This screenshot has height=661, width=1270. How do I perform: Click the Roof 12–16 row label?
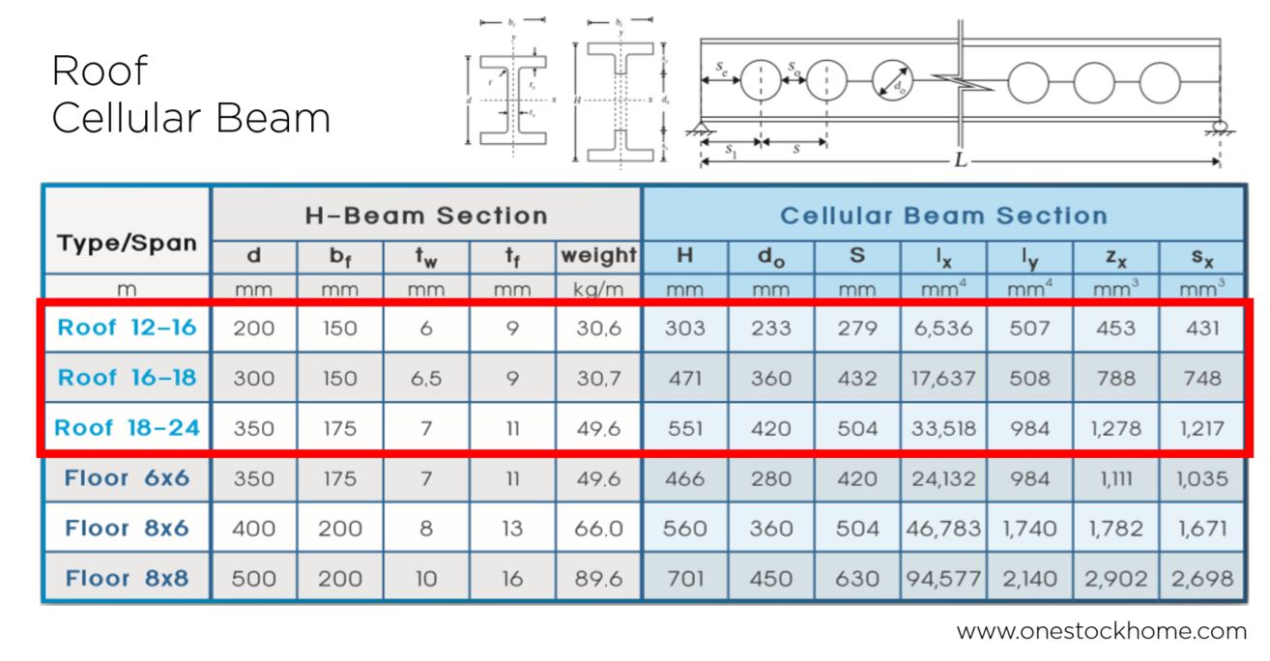(127, 328)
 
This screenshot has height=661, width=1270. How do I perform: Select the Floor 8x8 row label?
(127, 579)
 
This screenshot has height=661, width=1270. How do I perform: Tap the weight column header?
(598, 256)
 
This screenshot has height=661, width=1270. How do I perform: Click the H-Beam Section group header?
(426, 215)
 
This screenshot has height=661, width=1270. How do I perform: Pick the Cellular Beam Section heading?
(942, 215)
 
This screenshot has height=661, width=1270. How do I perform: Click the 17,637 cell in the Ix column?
(942, 378)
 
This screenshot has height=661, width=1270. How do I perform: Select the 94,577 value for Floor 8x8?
(942, 579)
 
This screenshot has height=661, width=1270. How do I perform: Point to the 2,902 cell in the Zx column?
(1115, 579)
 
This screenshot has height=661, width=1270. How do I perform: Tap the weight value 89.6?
(598, 579)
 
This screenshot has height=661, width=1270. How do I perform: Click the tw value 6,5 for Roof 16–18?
(426, 378)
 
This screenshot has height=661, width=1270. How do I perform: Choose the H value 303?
(684, 328)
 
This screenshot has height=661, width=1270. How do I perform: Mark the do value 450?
(770, 579)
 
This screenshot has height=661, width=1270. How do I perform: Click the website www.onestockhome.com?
(1101, 632)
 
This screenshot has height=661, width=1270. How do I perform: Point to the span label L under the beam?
(960, 160)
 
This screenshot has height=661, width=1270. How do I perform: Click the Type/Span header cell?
(127, 243)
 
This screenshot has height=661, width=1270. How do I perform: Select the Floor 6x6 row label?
(127, 478)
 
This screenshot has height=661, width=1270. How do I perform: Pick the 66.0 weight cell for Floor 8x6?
(598, 529)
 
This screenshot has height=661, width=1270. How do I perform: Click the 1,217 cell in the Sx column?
(1201, 428)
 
